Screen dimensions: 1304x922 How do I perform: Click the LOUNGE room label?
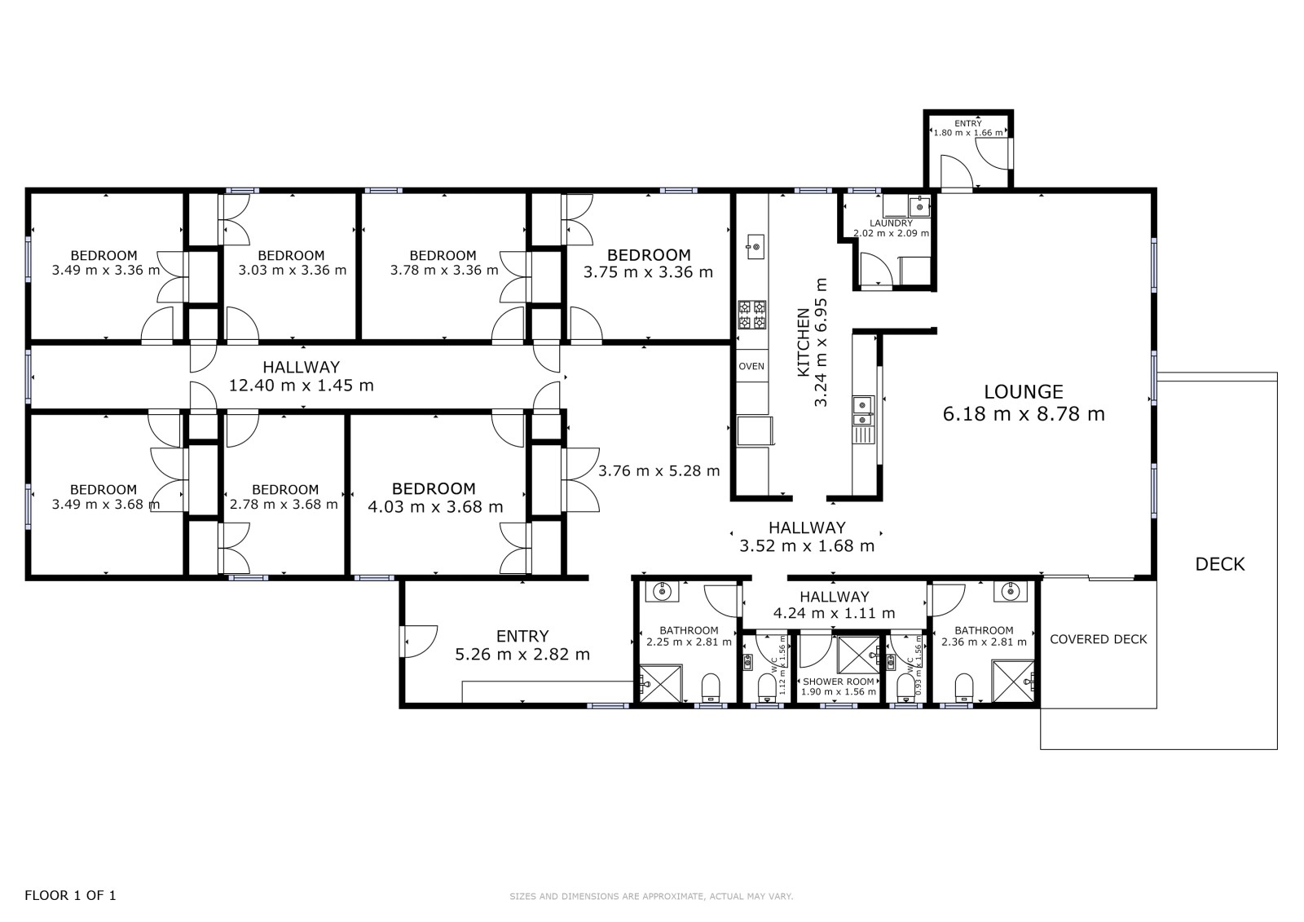[1024, 391]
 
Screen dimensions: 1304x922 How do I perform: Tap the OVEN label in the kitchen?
[751, 366]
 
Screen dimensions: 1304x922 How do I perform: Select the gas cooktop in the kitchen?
[752, 315]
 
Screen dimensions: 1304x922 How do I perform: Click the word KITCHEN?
[804, 342]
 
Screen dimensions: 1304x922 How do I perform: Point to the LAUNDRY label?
[892, 223]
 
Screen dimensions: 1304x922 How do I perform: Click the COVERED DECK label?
[1098, 639]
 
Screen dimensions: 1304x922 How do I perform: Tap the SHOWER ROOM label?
[839, 682]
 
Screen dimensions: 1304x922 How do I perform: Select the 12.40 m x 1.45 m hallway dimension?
[301, 386]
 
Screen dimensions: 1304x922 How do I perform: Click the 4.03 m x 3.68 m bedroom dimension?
[435, 507]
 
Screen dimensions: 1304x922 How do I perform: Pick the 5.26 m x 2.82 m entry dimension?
[522, 655]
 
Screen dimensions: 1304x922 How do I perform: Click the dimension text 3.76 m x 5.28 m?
[659, 470]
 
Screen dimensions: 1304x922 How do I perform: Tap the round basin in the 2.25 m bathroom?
[662, 592]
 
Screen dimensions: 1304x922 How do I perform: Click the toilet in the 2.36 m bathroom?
[964, 687]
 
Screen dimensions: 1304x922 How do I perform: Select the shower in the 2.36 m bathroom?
[1013, 681]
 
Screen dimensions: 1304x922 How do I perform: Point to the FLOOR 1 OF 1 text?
[70, 895]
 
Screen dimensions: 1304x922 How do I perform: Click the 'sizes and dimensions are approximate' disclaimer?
[651, 897]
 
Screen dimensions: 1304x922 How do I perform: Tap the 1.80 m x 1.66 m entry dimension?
[968, 133]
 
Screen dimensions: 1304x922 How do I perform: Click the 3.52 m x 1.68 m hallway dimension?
[807, 546]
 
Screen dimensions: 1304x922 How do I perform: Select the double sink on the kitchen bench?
[863, 411]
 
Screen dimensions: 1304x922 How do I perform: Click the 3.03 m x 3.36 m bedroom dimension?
[293, 271]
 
